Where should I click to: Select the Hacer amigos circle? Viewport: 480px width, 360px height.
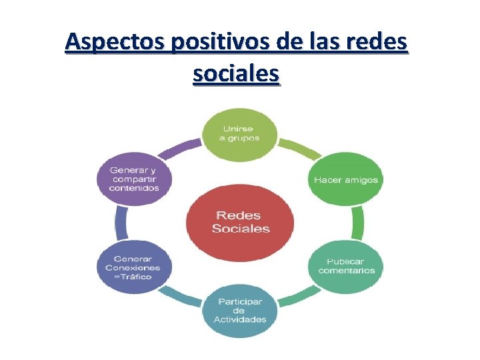pos(345,179)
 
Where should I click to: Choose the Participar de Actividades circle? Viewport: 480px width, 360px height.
pos(239,310)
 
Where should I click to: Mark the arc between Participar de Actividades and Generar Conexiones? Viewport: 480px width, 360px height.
pos(181,297)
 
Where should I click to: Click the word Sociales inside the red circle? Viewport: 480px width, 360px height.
pos(241,229)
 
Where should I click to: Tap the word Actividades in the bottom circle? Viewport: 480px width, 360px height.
pos(239,319)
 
